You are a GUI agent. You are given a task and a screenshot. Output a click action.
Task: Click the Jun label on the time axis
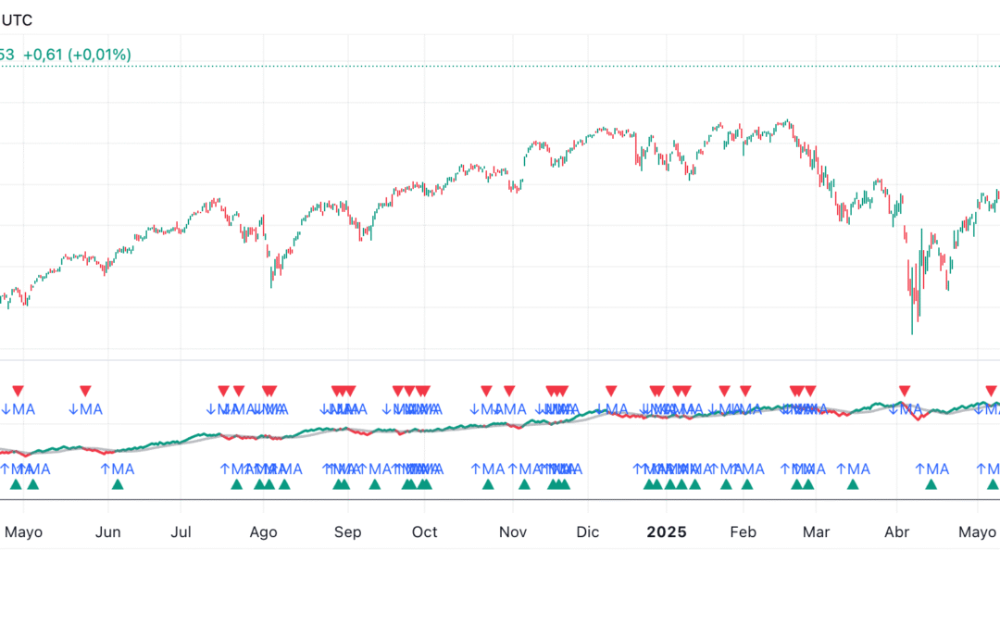point(108,532)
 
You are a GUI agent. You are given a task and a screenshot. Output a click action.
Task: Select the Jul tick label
point(181,532)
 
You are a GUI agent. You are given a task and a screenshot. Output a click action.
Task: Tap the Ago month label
point(264,532)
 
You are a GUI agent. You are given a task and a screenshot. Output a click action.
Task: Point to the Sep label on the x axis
point(347,532)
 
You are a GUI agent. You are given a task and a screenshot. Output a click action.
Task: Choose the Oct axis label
point(425,532)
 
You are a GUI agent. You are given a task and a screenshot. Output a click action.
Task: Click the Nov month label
point(512,532)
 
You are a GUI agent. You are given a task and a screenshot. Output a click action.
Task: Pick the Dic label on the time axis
point(587,532)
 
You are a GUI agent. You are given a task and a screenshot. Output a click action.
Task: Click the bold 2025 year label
point(666,532)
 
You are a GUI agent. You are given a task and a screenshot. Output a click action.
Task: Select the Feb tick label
point(743,532)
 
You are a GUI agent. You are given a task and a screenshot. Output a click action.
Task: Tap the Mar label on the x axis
point(816,532)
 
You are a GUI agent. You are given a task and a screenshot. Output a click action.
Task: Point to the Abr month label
point(896,532)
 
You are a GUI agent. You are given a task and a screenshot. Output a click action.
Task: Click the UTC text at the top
point(16,20)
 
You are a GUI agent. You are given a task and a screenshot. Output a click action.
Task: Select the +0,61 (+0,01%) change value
point(77,55)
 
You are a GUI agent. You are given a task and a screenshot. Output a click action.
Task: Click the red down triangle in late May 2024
point(85,391)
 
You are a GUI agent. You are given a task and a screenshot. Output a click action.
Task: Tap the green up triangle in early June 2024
point(117,483)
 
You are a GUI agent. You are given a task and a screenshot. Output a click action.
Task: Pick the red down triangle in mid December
point(610,391)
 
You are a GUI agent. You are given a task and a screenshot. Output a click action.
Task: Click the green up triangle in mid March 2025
point(853,483)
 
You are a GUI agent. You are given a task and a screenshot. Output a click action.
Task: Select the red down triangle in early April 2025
point(905,391)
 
